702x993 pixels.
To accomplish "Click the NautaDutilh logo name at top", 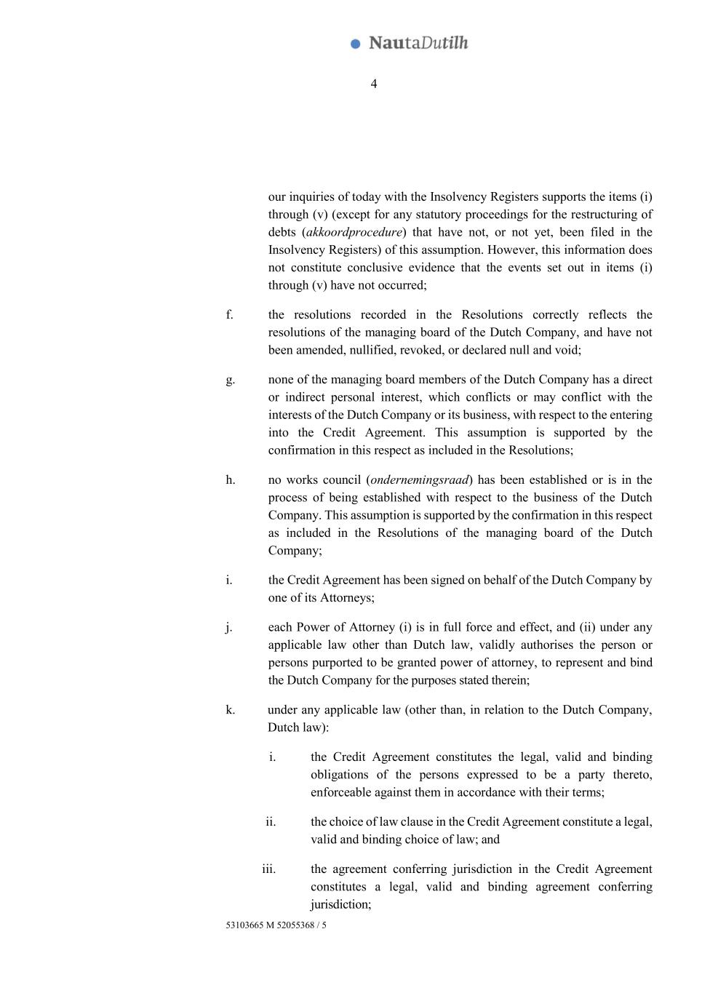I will (x=418, y=43).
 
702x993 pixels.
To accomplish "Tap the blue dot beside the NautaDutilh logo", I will (x=356, y=44).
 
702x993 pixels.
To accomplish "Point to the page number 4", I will (x=374, y=84).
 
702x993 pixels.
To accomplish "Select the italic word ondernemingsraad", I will (x=420, y=479).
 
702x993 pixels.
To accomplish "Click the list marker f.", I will (x=229, y=314).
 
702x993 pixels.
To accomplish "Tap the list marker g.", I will (x=230, y=379).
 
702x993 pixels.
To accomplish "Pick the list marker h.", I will (x=230, y=479).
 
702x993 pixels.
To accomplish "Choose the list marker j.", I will (x=229, y=627).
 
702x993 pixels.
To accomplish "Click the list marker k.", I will (x=230, y=709).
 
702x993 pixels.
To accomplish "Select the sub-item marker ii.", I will (x=271, y=821).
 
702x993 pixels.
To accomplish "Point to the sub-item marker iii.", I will (x=269, y=869).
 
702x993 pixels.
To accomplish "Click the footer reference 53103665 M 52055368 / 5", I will (x=276, y=925).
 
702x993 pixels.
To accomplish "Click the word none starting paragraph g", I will (x=281, y=379).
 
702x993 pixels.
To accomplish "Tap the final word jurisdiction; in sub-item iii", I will (x=340, y=904).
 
